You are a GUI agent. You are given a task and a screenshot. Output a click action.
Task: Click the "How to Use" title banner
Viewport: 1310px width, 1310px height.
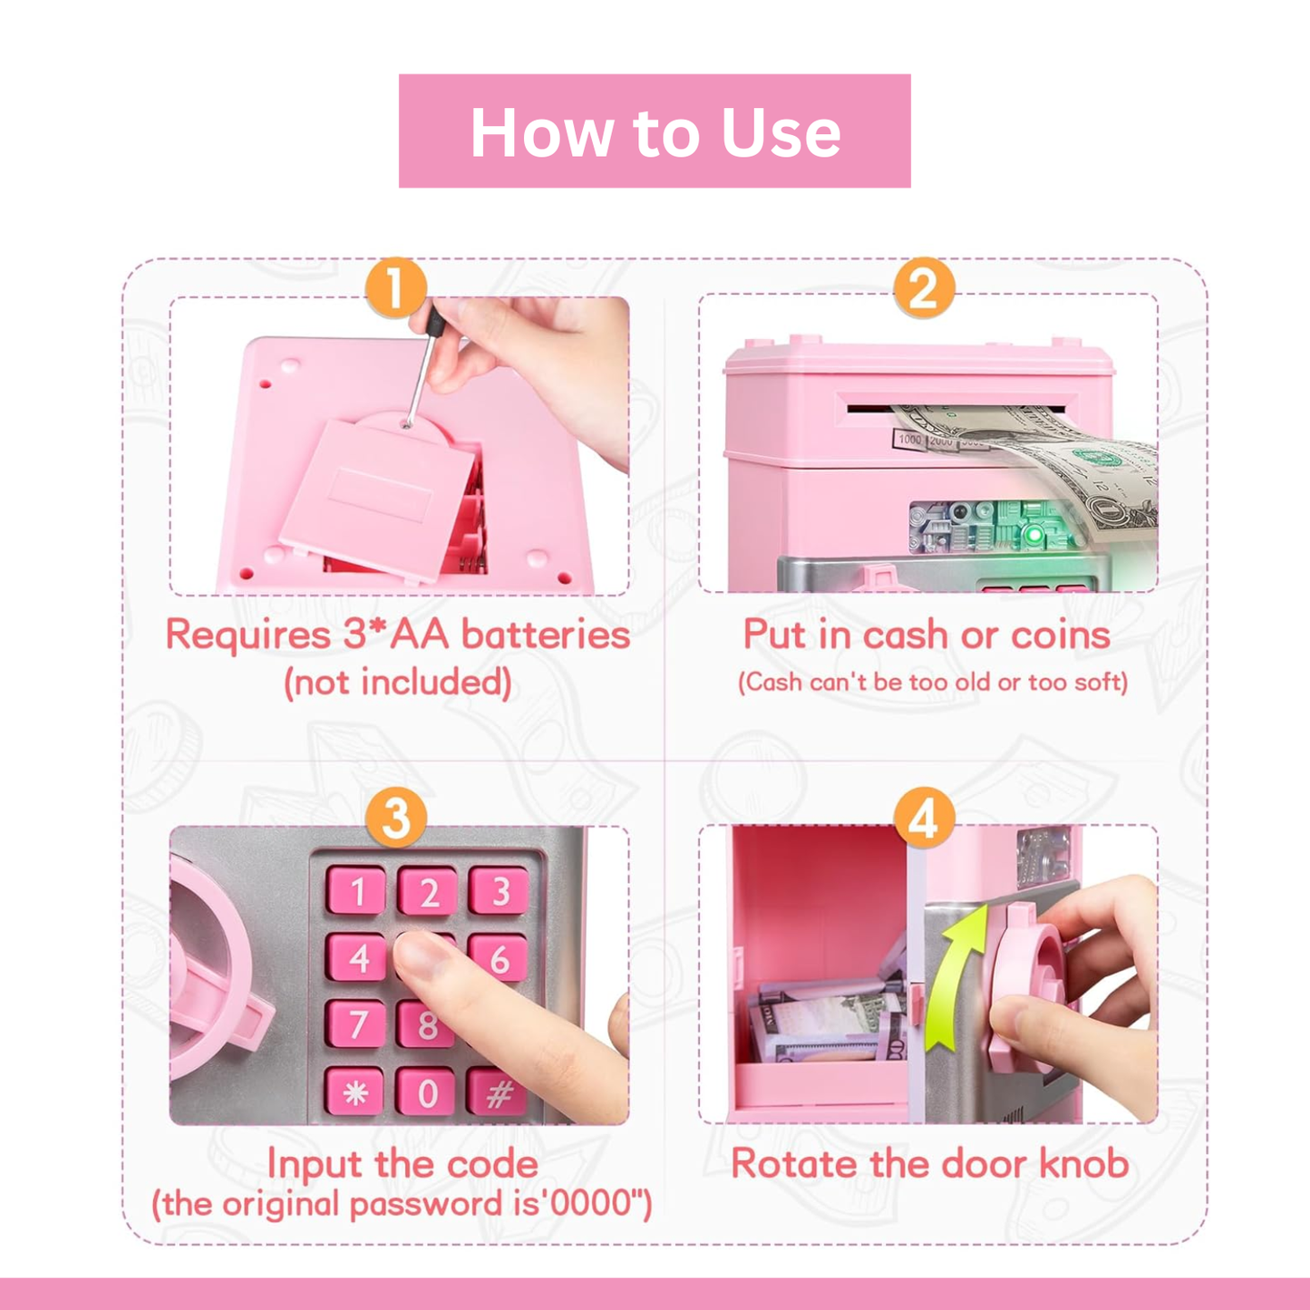[x=655, y=131]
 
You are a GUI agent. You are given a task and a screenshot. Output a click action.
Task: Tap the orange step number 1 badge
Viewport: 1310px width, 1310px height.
[x=396, y=288]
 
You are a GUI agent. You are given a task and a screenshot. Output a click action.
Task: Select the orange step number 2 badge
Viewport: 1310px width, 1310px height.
[x=923, y=288]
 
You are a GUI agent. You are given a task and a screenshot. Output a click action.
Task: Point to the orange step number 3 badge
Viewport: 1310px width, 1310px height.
[x=396, y=818]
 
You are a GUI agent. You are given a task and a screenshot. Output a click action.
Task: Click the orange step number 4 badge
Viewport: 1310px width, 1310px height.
[x=923, y=818]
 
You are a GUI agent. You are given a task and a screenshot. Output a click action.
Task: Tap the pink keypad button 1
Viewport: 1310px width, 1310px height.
[x=356, y=891]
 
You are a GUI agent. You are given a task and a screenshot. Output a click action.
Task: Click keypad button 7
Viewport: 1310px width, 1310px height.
[x=356, y=1024]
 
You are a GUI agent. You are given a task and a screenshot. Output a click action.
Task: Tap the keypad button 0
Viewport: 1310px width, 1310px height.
[x=427, y=1092]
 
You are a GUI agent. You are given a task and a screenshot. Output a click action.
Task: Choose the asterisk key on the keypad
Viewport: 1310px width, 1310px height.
[x=355, y=1092]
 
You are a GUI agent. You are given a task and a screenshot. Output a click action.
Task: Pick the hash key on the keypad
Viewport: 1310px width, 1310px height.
[x=498, y=1093]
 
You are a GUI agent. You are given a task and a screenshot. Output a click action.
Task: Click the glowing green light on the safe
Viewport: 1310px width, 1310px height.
[x=1033, y=535]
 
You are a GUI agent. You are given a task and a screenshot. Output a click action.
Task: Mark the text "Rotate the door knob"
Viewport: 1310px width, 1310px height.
[x=929, y=1163]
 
